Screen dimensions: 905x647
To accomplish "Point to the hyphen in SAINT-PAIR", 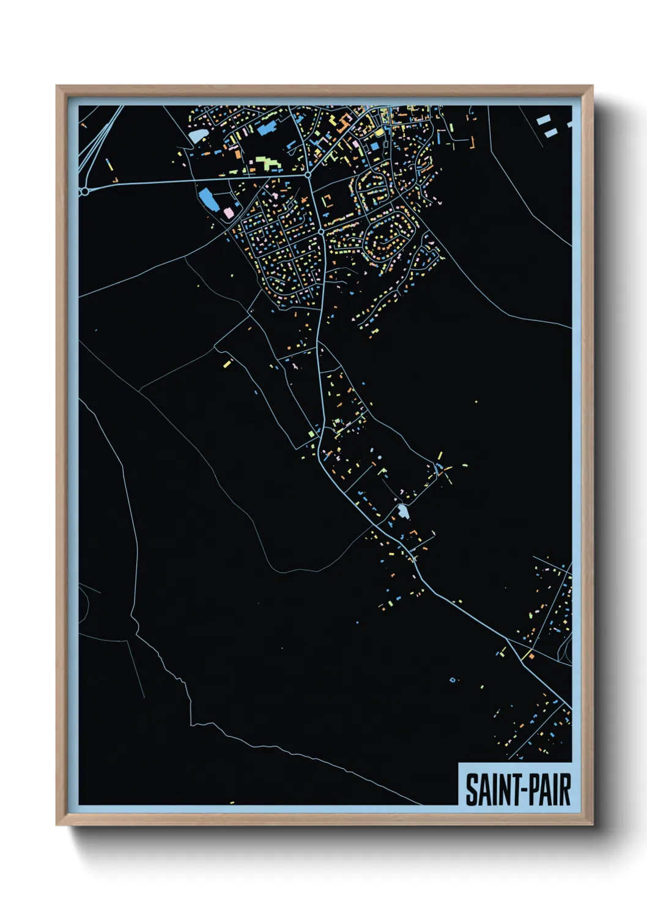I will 519,791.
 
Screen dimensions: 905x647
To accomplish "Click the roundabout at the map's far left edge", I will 85,191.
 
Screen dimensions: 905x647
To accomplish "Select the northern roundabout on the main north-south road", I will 308,175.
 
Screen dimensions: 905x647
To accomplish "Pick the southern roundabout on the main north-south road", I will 321,232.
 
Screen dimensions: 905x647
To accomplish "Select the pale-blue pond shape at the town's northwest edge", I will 197,135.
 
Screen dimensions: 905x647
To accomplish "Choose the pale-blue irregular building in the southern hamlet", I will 402,511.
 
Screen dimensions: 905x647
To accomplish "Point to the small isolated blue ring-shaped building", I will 453,680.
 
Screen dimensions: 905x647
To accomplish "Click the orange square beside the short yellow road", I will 531,656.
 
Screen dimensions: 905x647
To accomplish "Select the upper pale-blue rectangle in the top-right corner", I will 543,120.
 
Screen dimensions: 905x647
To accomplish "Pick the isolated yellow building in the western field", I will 227,364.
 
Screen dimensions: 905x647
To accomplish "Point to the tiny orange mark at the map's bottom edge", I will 232,802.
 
